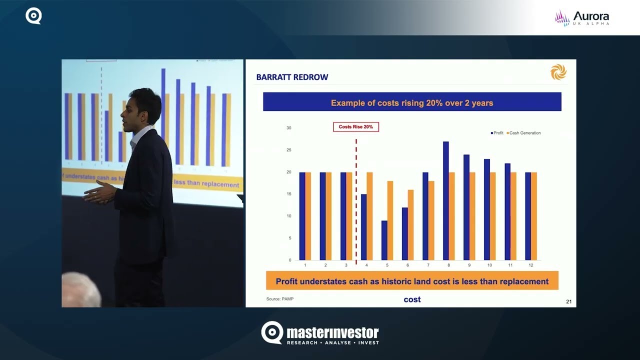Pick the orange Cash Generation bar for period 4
pyautogui.click(x=369, y=216)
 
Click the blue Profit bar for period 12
pyautogui.click(x=528, y=216)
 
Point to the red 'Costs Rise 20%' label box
pyautogui.click(x=356, y=127)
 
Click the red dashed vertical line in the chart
pyautogui.click(x=356, y=200)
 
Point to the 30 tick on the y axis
pyautogui.click(x=288, y=128)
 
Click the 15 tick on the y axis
pyautogui.click(x=288, y=194)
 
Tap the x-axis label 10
pyautogui.click(x=489, y=264)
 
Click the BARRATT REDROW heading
pyautogui.click(x=292, y=77)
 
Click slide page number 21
pyautogui.click(x=568, y=301)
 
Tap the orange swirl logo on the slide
pyautogui.click(x=558, y=73)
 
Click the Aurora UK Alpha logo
pyautogui.click(x=582, y=18)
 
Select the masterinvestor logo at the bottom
pyautogui.click(x=320, y=333)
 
